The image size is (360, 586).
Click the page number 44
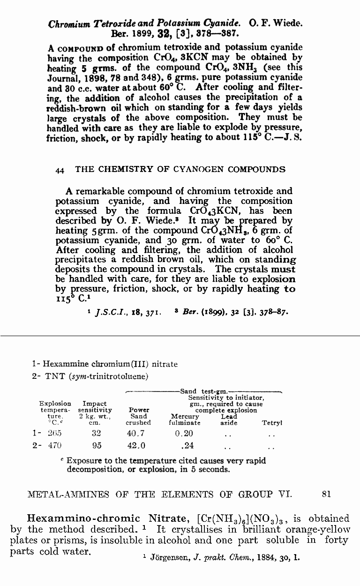60,170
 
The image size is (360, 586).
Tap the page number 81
327,494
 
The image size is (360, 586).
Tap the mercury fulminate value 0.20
184,433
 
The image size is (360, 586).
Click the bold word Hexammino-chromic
84,518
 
